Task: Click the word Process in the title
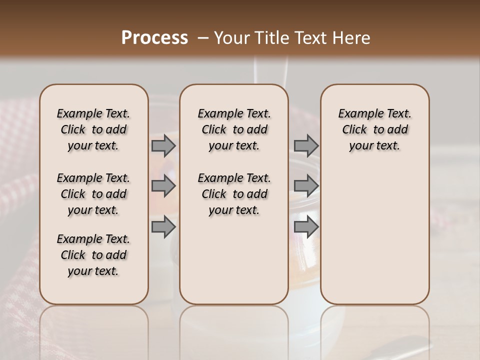pyautogui.click(x=154, y=38)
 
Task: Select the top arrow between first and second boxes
pyautogui.click(x=163, y=146)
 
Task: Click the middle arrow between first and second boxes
pyautogui.click(x=163, y=186)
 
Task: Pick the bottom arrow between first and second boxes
pyautogui.click(x=163, y=227)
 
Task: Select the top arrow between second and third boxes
pyautogui.click(x=306, y=146)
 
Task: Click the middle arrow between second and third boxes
pyautogui.click(x=306, y=186)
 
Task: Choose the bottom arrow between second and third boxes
pyautogui.click(x=306, y=227)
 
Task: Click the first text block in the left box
pyautogui.click(x=93, y=129)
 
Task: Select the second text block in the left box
pyautogui.click(x=93, y=194)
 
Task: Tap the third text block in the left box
pyautogui.click(x=93, y=255)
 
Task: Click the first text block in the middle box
pyautogui.click(x=234, y=129)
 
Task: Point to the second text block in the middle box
pyautogui.click(x=234, y=194)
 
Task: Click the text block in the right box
pyautogui.click(x=375, y=129)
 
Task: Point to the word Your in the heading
pyautogui.click(x=230, y=38)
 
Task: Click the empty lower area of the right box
pyautogui.click(x=375, y=235)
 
